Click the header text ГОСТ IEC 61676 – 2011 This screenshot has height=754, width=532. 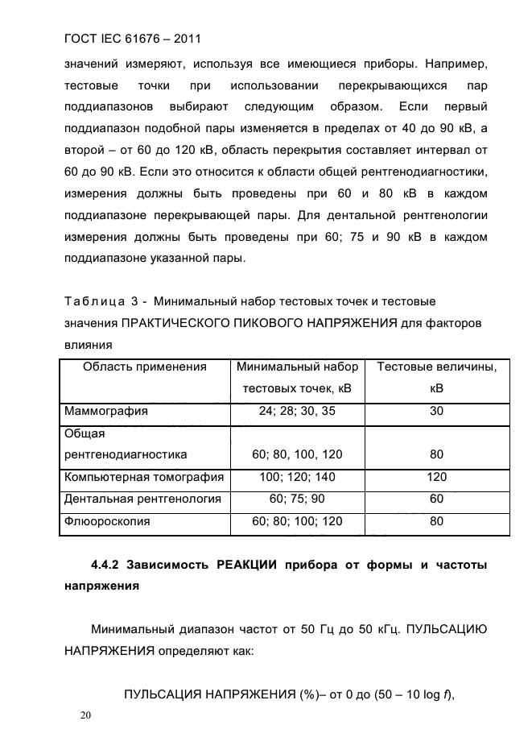click(132, 38)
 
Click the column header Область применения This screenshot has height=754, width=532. click(145, 367)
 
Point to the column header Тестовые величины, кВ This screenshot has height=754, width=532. click(436, 377)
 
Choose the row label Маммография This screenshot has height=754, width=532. click(106, 411)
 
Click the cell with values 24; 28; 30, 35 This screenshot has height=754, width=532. click(297, 411)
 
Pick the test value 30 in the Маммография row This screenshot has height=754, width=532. click(436, 411)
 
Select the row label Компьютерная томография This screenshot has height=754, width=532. click(144, 477)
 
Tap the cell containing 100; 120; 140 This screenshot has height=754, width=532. click(297, 477)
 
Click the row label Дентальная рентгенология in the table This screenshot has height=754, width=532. click(142, 499)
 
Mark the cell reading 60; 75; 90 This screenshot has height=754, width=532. click(297, 499)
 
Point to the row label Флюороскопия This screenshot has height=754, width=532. click(107, 521)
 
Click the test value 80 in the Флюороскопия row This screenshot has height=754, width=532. click(436, 521)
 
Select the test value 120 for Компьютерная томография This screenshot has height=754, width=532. click(436, 477)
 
